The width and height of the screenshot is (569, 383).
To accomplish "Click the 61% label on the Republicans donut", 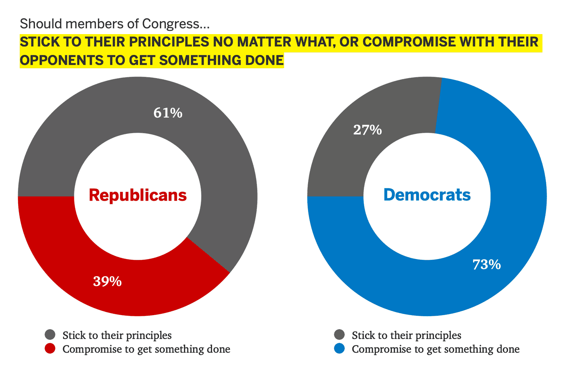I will point(168,113).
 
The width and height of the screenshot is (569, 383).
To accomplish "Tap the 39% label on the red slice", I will point(107,281).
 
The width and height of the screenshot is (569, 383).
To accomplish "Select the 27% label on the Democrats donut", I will point(367,130).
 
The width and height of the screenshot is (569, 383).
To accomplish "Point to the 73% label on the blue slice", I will point(487,264).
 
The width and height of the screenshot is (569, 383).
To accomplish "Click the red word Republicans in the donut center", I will point(138,195).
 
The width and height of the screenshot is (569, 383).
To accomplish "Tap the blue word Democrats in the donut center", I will point(427,195).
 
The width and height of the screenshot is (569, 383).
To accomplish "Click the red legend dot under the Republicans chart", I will point(50,349).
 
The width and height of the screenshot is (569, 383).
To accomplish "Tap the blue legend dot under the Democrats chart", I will point(340,349).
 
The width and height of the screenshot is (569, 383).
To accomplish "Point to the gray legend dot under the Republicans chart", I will point(50,335).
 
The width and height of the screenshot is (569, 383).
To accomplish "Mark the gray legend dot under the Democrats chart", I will point(340,335).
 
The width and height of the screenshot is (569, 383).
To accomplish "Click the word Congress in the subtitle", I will point(175,24).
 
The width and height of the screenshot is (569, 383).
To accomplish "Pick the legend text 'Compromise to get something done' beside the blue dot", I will point(435,349).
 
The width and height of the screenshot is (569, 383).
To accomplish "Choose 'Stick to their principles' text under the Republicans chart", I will point(117,335).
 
